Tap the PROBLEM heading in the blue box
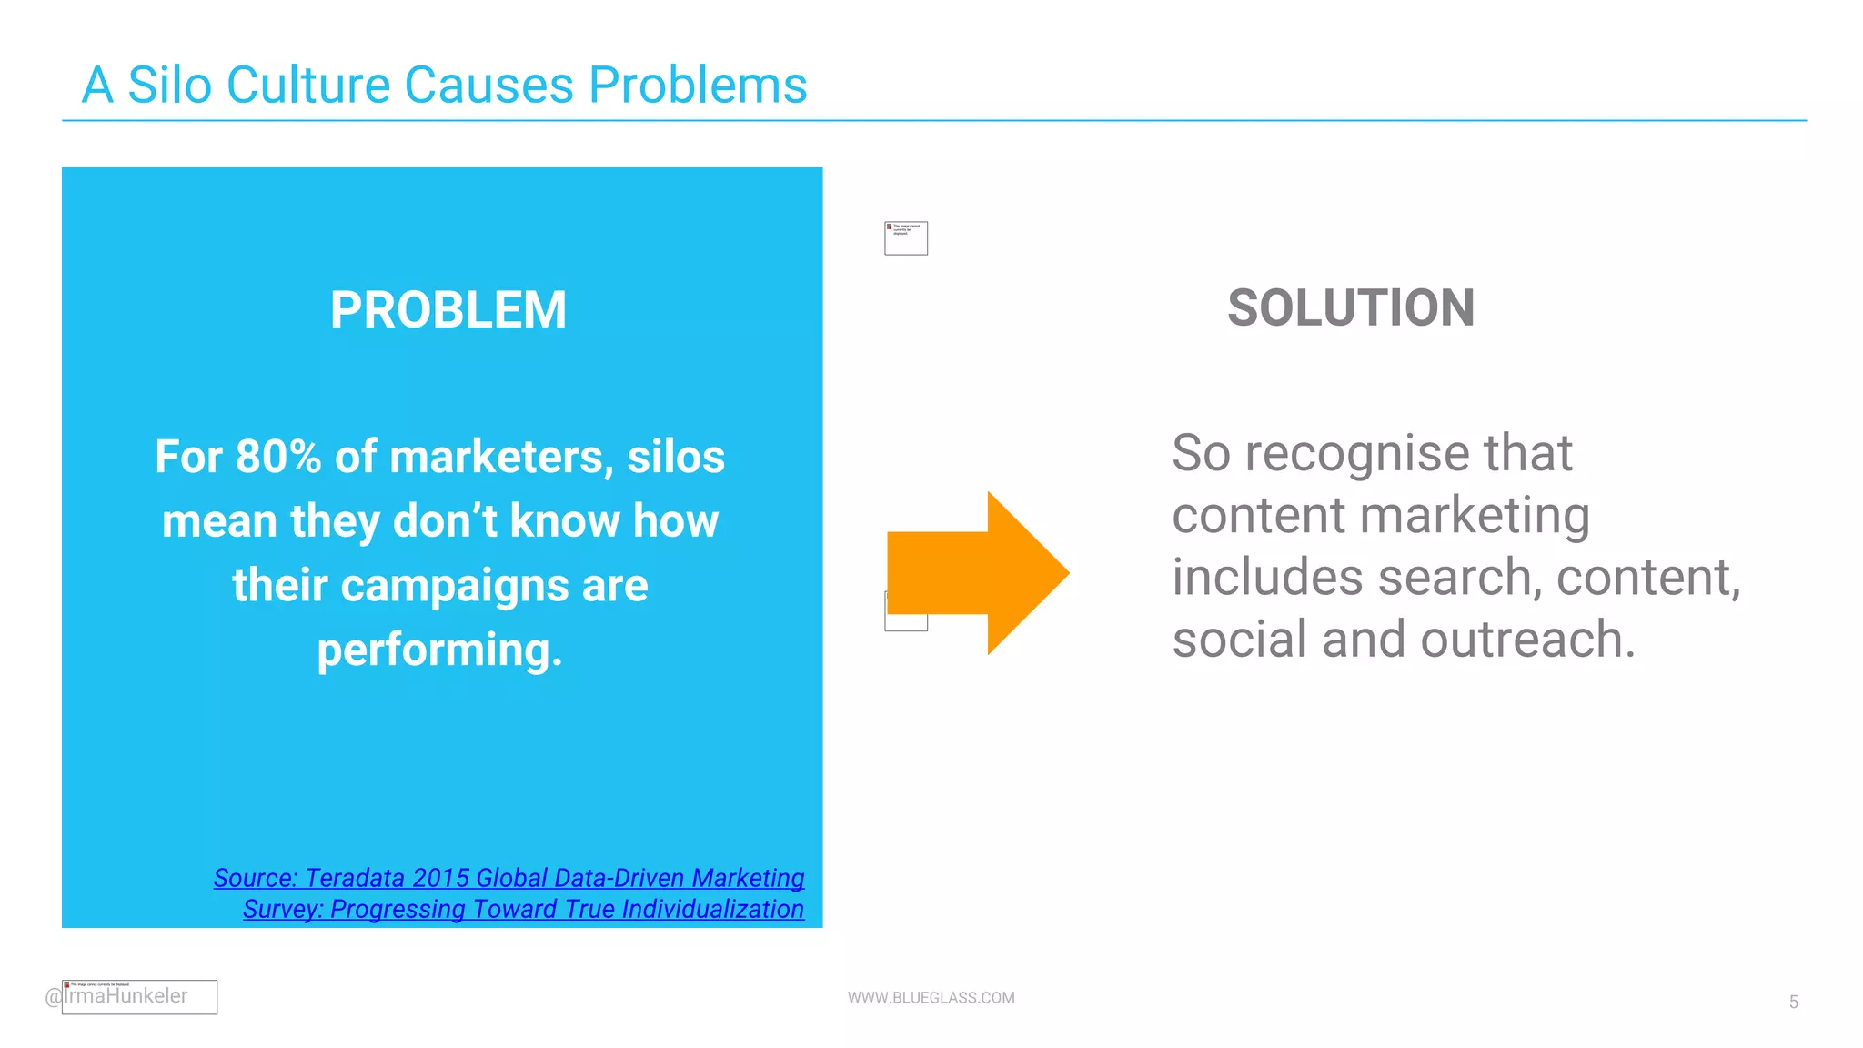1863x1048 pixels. (x=448, y=310)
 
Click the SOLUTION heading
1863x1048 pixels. (x=1350, y=308)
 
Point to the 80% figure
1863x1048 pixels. (x=277, y=457)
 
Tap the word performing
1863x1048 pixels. (x=439, y=650)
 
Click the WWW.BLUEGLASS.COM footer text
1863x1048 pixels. (x=931, y=997)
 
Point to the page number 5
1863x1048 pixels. (x=1793, y=1002)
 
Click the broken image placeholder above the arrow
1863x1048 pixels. (x=906, y=238)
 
